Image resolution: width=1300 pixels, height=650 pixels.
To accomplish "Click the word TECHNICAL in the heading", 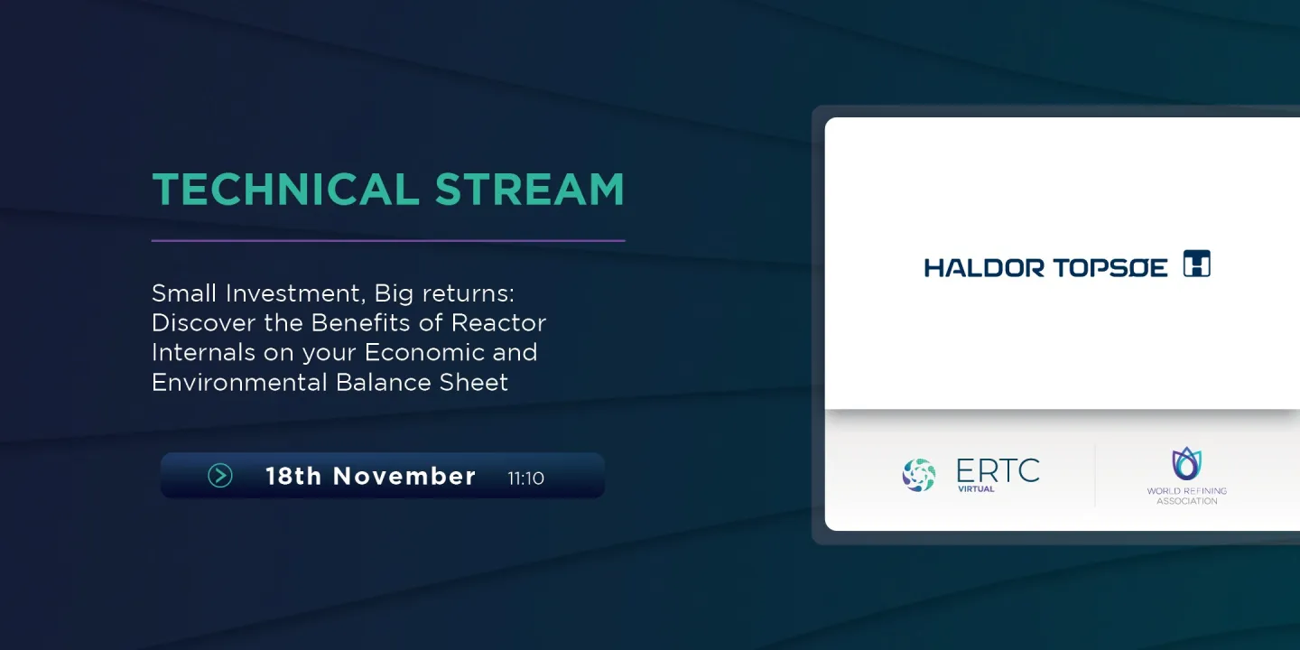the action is click(285, 190).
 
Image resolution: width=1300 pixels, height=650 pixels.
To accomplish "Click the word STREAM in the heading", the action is click(530, 190).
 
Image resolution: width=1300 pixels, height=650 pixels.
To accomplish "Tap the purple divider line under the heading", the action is click(388, 240).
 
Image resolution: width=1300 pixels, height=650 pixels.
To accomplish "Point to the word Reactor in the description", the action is click(498, 322).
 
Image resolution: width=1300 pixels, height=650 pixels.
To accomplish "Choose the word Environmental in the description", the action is click(239, 383).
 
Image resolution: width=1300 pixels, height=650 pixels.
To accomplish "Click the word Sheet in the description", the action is click(474, 383).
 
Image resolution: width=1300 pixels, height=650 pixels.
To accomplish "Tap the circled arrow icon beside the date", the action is click(220, 476).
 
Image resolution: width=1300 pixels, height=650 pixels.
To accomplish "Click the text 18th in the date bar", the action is click(293, 476).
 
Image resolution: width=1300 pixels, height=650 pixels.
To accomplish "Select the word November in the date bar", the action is click(404, 476).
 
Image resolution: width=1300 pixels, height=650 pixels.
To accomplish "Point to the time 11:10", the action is click(525, 478).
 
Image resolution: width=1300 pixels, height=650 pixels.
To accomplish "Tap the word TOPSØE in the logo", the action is click(1110, 267).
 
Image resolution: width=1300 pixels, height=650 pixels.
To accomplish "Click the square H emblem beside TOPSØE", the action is click(1197, 264).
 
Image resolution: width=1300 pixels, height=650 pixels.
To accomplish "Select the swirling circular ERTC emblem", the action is click(919, 475).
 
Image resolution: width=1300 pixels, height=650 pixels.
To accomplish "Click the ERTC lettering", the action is click(998, 470).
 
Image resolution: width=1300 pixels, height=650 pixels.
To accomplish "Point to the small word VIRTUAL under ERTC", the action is click(976, 488).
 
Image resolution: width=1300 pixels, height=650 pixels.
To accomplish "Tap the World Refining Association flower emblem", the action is click(1187, 463).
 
